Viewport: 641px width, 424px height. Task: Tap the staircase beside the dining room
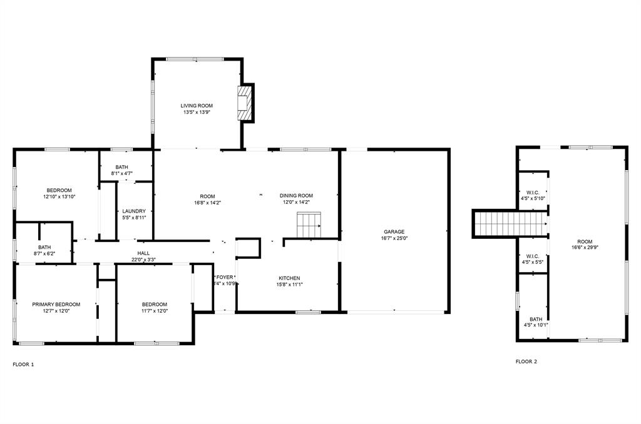point(309,225)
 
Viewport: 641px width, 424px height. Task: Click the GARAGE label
point(394,231)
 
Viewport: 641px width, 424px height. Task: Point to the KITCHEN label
point(289,278)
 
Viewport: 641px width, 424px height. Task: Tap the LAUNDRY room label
point(134,211)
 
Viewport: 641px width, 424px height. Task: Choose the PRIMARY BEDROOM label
point(56,305)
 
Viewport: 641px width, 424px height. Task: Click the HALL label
point(143,253)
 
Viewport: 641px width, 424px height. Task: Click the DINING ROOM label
point(296,196)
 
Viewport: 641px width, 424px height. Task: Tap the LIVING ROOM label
point(197,106)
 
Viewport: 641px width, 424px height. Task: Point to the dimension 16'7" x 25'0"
point(394,238)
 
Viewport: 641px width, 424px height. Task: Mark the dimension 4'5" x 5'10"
point(533,199)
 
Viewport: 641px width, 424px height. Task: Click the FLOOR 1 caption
point(23,364)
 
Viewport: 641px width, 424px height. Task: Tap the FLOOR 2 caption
point(526,361)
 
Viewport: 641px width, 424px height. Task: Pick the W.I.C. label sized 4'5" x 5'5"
point(533,256)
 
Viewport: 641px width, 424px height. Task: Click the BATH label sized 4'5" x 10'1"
point(536,319)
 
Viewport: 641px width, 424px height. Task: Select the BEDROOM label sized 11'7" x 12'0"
point(154,305)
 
